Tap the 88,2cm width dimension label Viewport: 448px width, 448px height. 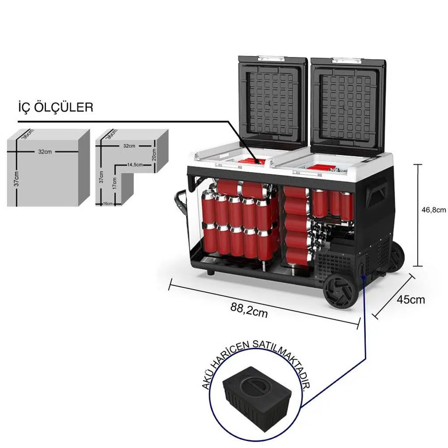click(x=249, y=310)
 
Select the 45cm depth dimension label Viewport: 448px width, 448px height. click(x=411, y=299)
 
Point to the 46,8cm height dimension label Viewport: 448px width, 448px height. click(x=434, y=210)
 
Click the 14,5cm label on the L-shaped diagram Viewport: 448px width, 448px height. click(x=135, y=165)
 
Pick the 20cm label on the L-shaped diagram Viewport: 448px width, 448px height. click(x=154, y=154)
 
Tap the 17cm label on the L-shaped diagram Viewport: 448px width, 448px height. click(x=115, y=183)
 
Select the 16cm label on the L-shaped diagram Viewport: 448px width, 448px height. click(x=108, y=204)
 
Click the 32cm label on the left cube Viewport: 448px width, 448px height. click(x=45, y=152)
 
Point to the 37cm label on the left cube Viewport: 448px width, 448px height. click(x=17, y=179)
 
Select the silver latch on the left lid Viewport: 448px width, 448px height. click(x=271, y=59)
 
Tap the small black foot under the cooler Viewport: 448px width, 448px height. click(x=210, y=272)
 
